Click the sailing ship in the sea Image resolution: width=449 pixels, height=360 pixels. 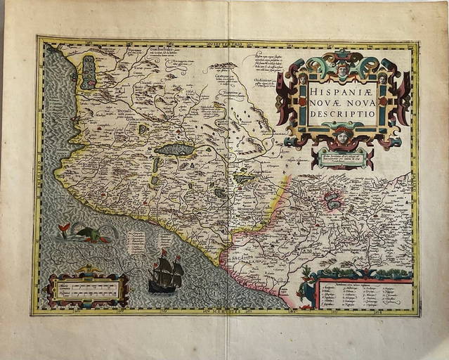(166, 272)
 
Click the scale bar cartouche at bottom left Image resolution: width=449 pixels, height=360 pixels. (89, 289)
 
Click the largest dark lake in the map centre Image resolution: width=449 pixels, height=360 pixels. (174, 149)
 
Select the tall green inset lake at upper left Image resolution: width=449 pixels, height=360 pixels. (89, 72)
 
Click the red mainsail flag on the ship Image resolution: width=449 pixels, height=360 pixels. (163, 252)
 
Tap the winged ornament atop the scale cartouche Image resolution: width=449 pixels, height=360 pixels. (87, 269)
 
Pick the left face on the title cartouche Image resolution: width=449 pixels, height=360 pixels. (302, 79)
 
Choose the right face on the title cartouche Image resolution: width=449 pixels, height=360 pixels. (383, 79)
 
